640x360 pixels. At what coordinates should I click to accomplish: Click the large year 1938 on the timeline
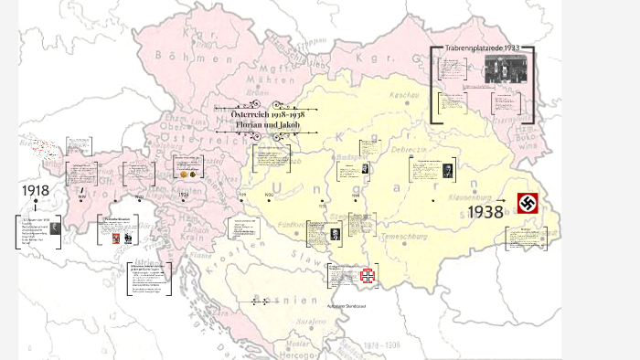tap(486, 212)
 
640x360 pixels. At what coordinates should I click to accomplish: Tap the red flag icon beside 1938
tap(528, 204)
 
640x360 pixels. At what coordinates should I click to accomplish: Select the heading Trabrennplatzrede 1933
tap(481, 48)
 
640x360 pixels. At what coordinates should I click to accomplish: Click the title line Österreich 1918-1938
tap(255, 112)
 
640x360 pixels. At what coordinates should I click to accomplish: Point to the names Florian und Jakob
tap(255, 123)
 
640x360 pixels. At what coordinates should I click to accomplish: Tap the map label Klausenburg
tap(472, 196)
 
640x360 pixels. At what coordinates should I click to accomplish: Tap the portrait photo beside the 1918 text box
tap(56, 229)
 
